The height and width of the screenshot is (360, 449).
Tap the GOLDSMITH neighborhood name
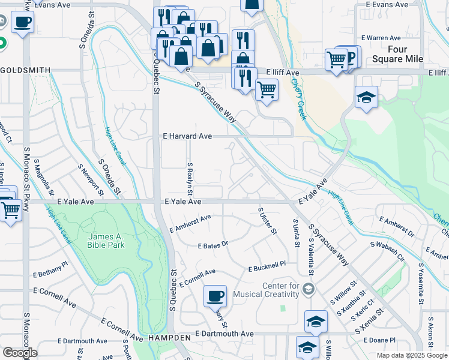(x=25, y=70)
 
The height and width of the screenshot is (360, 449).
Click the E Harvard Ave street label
(x=187, y=136)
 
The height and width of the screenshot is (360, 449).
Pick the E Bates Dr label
(x=213, y=245)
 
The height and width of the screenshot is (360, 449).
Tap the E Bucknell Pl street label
(x=268, y=265)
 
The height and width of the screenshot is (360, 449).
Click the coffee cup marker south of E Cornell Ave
(x=215, y=295)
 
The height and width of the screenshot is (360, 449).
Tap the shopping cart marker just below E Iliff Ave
(x=267, y=90)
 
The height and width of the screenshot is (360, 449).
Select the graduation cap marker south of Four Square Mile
(x=366, y=97)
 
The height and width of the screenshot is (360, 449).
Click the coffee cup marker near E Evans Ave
(x=22, y=22)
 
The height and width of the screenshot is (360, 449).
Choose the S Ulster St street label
(x=268, y=221)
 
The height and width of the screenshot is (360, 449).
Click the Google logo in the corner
(x=20, y=352)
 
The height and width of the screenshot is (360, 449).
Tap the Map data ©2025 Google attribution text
(x=411, y=355)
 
